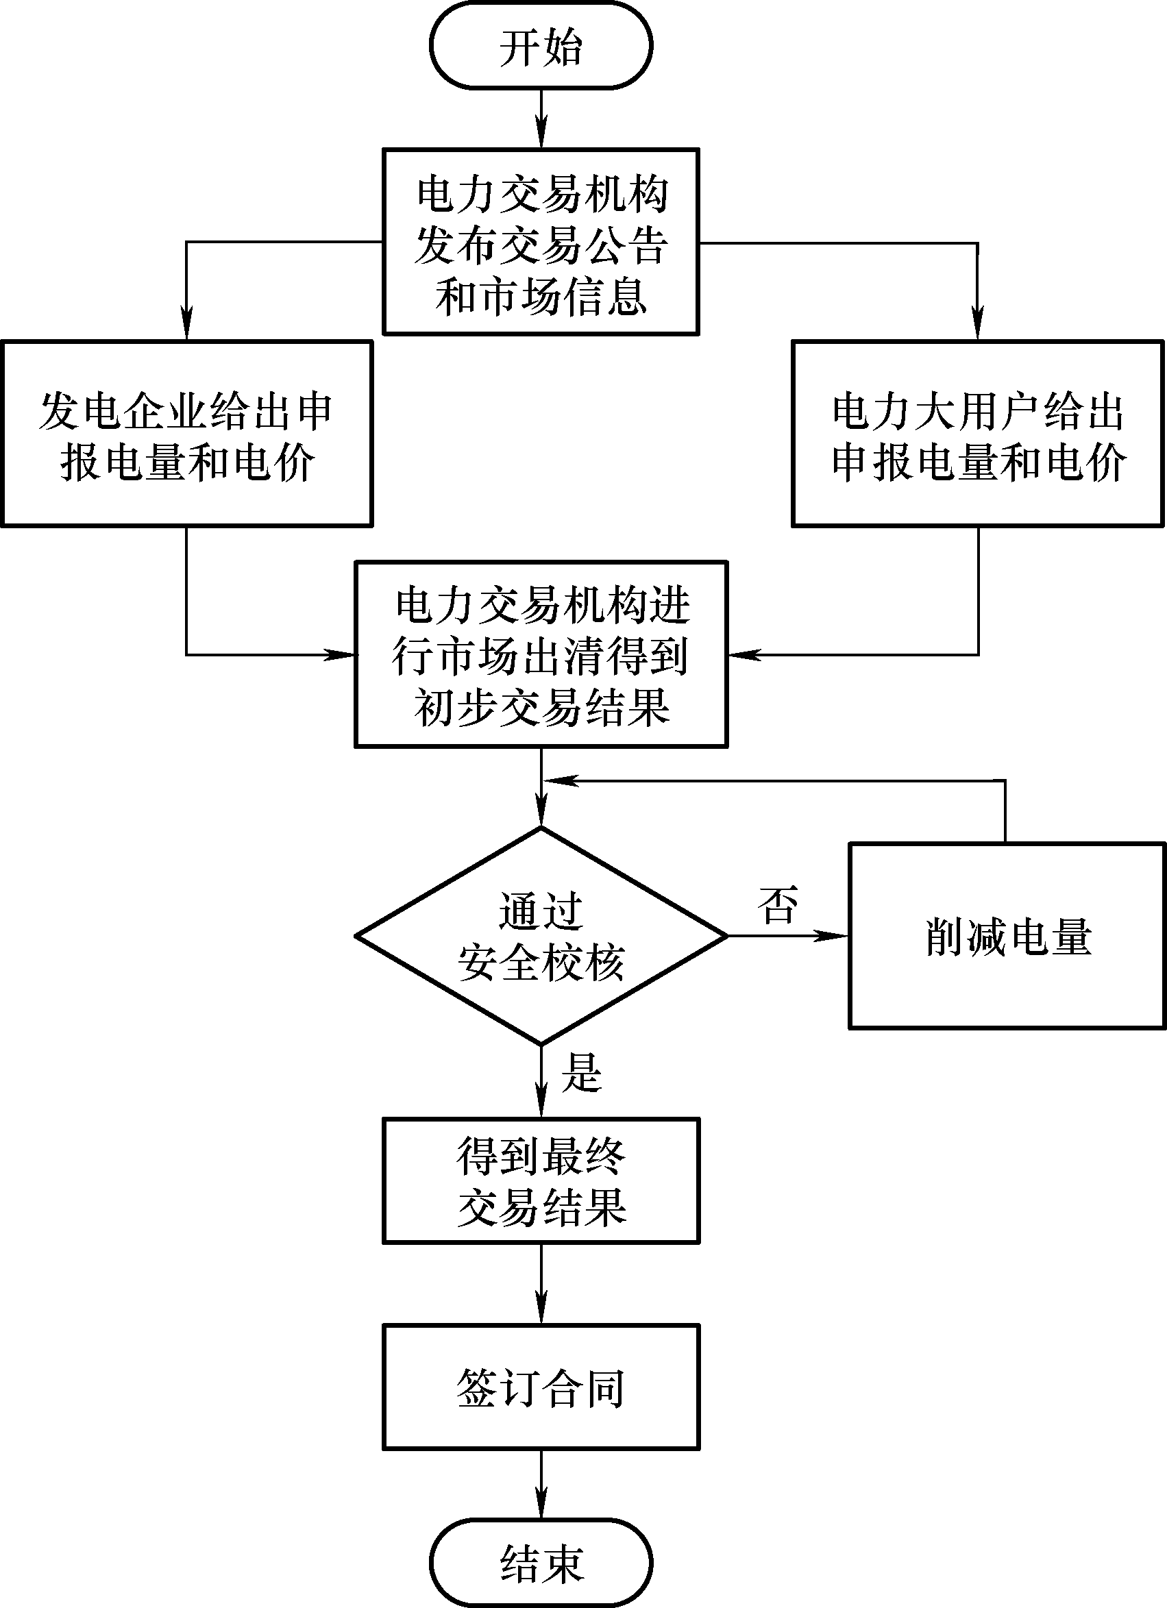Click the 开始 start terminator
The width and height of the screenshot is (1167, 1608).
point(541,46)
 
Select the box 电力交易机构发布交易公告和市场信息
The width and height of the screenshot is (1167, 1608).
point(541,242)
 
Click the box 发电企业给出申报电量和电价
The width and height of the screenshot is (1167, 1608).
point(186,434)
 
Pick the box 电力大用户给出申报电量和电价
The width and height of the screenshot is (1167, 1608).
point(978,434)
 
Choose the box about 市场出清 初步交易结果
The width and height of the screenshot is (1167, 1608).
point(541,654)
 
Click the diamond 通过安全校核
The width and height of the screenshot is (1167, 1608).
point(541,936)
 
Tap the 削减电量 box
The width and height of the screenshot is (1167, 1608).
point(1007,936)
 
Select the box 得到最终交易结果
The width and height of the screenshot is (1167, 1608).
point(541,1181)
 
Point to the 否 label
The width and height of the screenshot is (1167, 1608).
point(778,904)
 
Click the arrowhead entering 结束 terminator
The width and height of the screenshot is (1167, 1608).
point(541,1502)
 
